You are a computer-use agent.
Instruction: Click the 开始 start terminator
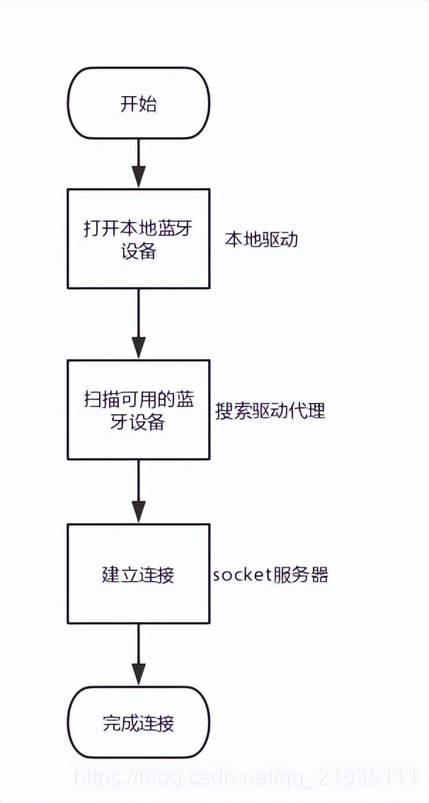[x=138, y=104]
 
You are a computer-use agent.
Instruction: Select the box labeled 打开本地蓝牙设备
[x=138, y=238]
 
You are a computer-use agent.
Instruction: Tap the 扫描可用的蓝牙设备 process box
[x=138, y=409]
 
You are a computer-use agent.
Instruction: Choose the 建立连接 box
[x=138, y=573]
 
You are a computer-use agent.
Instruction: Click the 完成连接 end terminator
[x=138, y=723]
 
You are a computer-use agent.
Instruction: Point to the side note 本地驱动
[x=261, y=239]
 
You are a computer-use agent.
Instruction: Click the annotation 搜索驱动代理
[x=270, y=410]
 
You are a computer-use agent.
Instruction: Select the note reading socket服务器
[x=270, y=574]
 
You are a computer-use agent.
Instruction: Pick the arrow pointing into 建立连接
[x=138, y=491]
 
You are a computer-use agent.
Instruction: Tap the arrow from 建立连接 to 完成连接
[x=138, y=654]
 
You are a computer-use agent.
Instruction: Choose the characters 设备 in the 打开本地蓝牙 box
[x=138, y=251]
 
